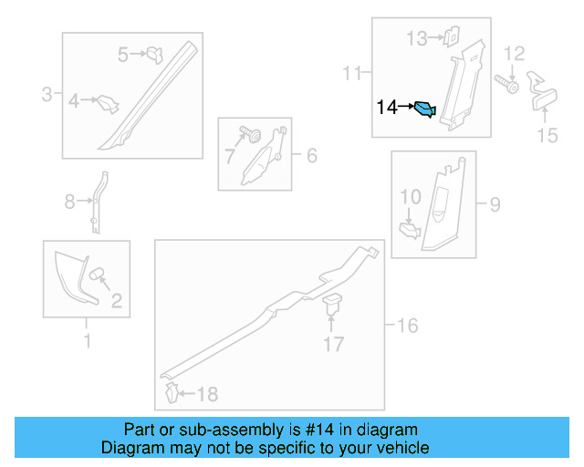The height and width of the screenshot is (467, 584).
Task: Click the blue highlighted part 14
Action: [x=425, y=109]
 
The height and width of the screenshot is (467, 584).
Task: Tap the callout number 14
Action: [x=387, y=108]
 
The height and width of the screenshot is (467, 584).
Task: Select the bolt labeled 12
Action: [x=506, y=84]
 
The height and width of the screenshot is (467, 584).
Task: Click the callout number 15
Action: [x=547, y=135]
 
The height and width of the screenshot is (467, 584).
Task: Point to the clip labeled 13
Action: [x=451, y=36]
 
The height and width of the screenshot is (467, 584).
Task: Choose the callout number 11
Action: [x=352, y=73]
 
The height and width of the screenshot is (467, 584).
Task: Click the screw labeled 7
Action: [x=251, y=134]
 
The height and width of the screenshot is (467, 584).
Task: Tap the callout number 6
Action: [x=312, y=155]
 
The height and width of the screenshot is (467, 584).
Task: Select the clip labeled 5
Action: [x=155, y=55]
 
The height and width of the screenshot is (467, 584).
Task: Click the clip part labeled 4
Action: [x=108, y=104]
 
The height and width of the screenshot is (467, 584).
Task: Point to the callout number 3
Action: [x=47, y=94]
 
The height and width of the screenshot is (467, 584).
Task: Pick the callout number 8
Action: [x=69, y=202]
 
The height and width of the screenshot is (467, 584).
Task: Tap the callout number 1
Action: [x=88, y=341]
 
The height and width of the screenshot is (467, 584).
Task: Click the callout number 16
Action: [x=408, y=326]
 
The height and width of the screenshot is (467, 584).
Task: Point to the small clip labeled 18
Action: [x=172, y=392]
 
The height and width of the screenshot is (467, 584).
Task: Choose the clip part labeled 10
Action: [x=410, y=231]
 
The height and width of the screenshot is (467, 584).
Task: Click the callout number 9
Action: [x=495, y=204]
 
